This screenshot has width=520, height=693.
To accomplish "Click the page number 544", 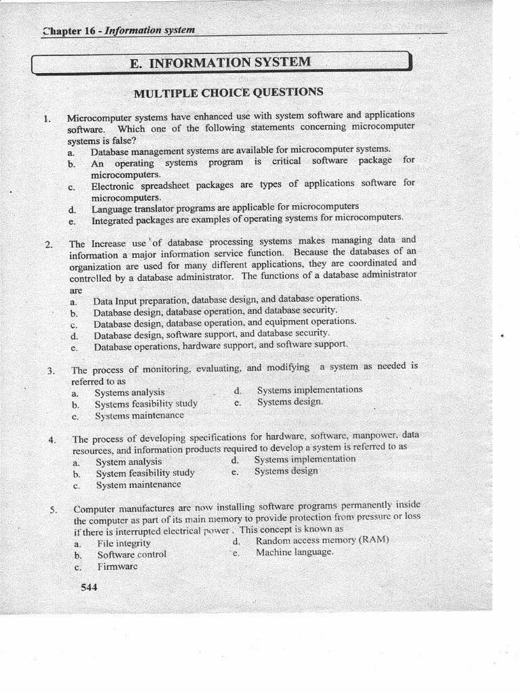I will [89, 587].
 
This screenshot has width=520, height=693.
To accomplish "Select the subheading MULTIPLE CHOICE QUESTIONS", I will [228, 92].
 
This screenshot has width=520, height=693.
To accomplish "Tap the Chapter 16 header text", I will [119, 30].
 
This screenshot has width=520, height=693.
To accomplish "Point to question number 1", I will [47, 118].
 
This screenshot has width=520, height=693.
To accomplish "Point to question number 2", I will [49, 244].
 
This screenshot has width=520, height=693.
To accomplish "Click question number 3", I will [51, 371].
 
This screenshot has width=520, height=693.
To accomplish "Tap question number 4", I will [52, 440].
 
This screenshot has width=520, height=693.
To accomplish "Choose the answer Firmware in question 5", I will [117, 566].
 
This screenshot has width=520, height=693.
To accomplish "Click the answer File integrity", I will [124, 543].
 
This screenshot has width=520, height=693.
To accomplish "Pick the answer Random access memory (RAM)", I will [322, 541].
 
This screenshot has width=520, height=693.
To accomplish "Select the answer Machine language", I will [295, 552].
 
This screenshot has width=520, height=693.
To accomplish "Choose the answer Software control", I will [131, 554].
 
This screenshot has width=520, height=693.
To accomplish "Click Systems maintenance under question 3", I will [139, 415].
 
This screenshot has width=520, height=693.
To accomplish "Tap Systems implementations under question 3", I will [309, 389].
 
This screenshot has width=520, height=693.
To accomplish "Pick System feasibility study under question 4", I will [145, 473].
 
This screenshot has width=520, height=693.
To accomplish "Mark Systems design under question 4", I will [286, 470].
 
